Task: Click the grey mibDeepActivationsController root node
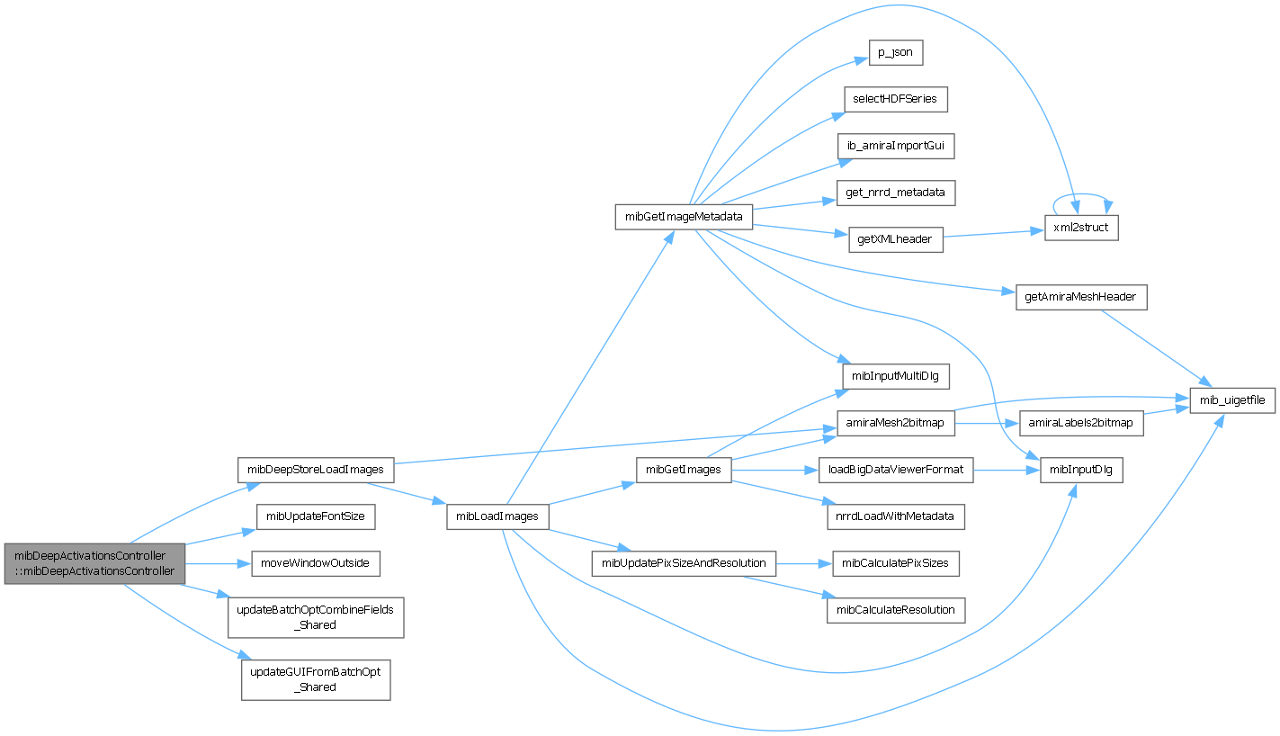[x=94, y=563]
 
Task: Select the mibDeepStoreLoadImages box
[x=316, y=470]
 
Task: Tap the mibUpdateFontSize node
[x=316, y=516]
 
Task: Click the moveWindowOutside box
[x=315, y=563]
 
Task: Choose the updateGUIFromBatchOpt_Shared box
[x=316, y=679]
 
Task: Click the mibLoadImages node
[x=497, y=516]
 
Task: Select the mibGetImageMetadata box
[x=684, y=217]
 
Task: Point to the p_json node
[x=895, y=53]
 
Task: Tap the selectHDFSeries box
[x=895, y=99]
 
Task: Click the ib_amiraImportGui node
[x=895, y=146]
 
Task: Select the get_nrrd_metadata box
[x=895, y=193]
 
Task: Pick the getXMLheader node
[x=895, y=239]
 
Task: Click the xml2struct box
[x=1080, y=229]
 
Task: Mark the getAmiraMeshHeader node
[x=1080, y=298]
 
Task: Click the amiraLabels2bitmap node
[x=1080, y=423]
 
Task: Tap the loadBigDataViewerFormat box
[x=895, y=470]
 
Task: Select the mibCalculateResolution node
[x=895, y=610]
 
